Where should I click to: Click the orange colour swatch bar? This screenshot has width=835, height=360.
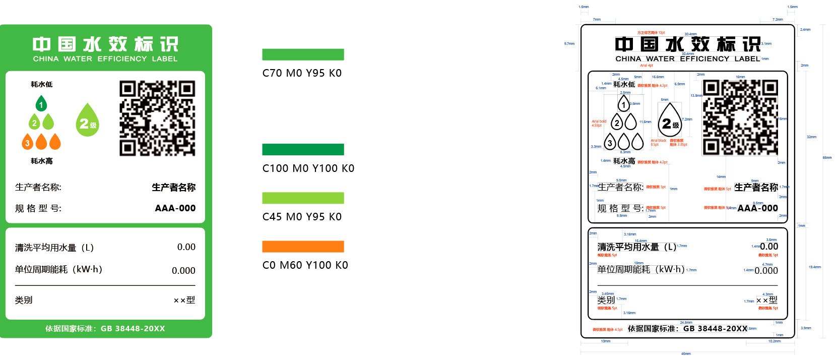click(303, 247)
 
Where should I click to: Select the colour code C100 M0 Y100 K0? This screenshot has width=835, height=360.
click(308, 168)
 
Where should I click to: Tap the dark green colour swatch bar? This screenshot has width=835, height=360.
click(303, 149)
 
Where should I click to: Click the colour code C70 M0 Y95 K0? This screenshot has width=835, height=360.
click(302, 73)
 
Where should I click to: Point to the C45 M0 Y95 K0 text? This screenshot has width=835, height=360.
click(302, 217)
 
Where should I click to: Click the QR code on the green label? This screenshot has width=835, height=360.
click(157, 118)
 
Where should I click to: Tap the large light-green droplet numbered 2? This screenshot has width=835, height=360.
click(88, 121)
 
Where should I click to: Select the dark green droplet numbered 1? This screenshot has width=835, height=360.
click(41, 104)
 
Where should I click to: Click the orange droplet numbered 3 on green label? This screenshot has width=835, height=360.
click(28, 142)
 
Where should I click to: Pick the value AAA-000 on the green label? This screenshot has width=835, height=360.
click(175, 208)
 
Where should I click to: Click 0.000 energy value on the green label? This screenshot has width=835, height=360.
click(183, 271)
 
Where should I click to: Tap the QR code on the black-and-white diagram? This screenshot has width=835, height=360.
click(740, 117)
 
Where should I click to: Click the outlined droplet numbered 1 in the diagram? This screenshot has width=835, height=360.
click(623, 104)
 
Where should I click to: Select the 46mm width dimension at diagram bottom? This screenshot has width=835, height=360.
click(686, 354)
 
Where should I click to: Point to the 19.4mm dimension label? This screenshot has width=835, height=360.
click(814, 267)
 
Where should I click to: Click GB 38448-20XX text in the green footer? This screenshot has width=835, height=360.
click(133, 329)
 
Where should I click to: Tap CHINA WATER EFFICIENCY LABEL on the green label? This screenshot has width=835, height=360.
click(105, 59)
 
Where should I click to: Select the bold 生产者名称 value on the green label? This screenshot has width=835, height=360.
click(173, 188)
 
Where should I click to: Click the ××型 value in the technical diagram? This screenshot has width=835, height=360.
click(766, 300)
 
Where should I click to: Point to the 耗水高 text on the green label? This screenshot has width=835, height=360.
click(41, 161)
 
